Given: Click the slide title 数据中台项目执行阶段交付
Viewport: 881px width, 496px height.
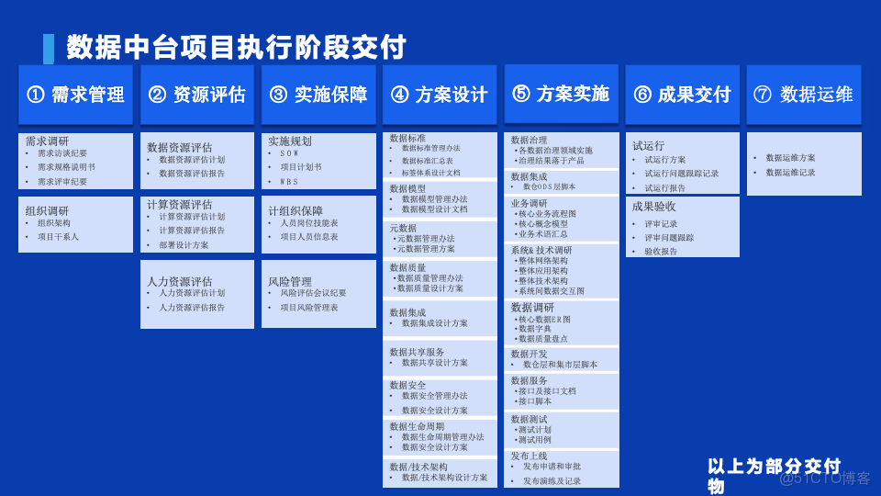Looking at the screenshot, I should (x=236, y=46).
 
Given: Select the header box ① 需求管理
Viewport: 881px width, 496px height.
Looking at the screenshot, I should (x=76, y=94).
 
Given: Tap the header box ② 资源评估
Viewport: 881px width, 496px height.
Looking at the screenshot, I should (x=197, y=94).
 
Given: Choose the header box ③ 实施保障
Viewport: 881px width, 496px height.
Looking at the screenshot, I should (x=318, y=94).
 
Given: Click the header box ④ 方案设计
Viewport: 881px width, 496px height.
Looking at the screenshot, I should (x=440, y=94).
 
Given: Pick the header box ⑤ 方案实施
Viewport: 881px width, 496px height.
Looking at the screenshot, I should (x=561, y=93).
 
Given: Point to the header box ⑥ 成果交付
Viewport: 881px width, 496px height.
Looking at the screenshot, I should (x=682, y=94).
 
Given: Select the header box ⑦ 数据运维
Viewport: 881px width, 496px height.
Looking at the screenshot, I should (x=803, y=94).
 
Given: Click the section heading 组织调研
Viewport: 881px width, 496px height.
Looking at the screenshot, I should (x=47, y=210).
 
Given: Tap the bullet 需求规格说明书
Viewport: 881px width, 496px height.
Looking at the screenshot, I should (x=66, y=167).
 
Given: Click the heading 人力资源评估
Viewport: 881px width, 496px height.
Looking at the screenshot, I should (x=180, y=281).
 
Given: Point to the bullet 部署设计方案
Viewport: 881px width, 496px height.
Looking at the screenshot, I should (x=184, y=245).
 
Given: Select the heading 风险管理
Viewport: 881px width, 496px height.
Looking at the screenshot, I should (x=290, y=281).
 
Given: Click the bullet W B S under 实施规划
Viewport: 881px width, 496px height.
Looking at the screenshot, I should (x=289, y=182).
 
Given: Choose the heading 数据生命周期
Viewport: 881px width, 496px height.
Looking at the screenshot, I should (x=417, y=426).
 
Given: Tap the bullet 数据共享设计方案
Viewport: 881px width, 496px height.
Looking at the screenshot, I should (x=434, y=363).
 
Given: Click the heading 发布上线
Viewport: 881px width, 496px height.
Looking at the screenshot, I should (x=529, y=456).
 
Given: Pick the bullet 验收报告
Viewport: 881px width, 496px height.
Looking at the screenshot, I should (x=661, y=251).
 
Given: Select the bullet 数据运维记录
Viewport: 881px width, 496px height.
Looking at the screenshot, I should (x=790, y=173).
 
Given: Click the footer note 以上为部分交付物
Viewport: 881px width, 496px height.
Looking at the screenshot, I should (x=773, y=475).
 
